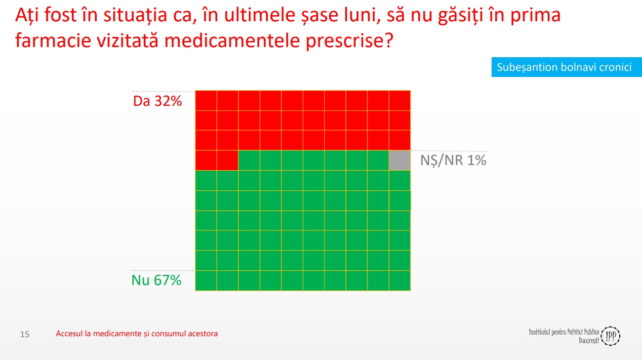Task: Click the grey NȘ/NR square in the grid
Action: click(x=400, y=161)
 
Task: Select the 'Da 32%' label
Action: click(x=157, y=101)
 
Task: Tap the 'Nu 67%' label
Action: click(x=156, y=280)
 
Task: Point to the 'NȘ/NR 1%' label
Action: click(x=453, y=160)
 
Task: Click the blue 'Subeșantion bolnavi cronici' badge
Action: click(x=567, y=67)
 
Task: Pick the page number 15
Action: click(x=25, y=334)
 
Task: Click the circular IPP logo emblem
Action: click(x=611, y=336)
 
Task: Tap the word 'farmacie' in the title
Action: click(x=53, y=41)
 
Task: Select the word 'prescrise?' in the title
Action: click(x=349, y=41)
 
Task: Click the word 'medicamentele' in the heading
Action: click(x=232, y=41)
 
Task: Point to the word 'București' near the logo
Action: click(x=589, y=341)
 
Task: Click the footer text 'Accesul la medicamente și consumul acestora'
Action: click(x=137, y=334)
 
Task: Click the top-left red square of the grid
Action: click(x=206, y=101)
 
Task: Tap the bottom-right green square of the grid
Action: click(x=400, y=281)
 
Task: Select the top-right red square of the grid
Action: click(x=400, y=101)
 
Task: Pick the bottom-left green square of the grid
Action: click(x=206, y=281)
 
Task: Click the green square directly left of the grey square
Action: click(x=378, y=161)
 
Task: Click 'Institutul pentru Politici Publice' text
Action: click(x=564, y=332)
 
